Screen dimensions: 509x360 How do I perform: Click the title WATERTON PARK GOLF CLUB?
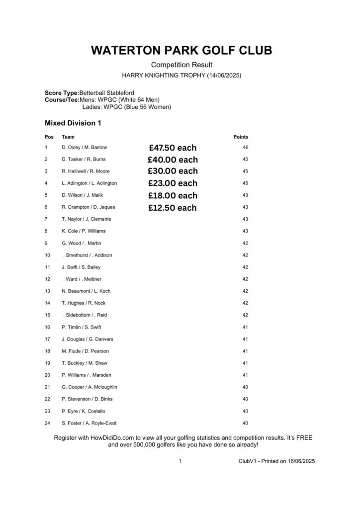point(181,51)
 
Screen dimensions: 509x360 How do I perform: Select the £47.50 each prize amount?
point(172,148)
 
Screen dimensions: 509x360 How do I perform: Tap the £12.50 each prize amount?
point(172,208)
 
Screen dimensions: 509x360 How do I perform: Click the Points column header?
point(241,137)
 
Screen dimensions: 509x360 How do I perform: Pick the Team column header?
point(68,137)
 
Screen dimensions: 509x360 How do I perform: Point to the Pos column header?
point(49,137)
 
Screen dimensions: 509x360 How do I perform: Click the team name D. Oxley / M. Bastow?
point(84,148)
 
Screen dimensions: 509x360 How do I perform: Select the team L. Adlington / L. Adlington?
point(90,183)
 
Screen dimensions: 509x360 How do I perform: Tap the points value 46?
point(245,148)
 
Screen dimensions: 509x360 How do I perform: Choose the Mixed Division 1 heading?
point(73,123)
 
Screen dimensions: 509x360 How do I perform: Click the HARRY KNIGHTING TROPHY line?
point(181,76)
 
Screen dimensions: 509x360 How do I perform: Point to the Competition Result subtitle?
point(181,65)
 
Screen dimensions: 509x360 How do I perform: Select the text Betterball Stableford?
point(106,93)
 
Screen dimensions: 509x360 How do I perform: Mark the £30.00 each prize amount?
point(173,171)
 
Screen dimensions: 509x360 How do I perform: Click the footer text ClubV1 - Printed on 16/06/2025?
point(276,461)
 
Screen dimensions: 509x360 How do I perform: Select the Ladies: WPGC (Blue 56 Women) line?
point(126,107)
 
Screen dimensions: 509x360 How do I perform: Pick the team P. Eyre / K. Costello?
point(84,412)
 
